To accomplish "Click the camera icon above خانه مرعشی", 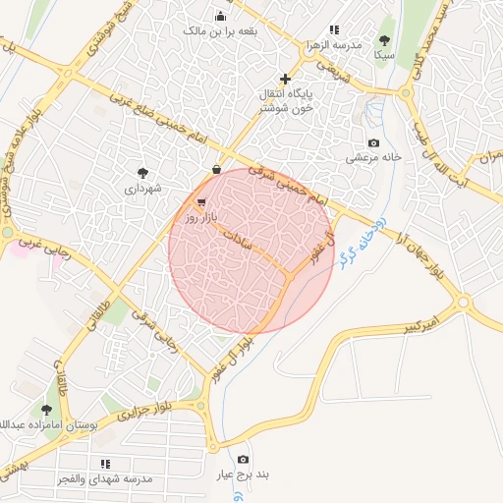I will point(373,143).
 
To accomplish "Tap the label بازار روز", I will point(208,214).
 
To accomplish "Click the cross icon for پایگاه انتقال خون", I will point(285,79).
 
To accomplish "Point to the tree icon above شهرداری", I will point(143,172).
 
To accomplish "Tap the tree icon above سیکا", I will point(383,40).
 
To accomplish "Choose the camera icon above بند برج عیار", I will point(243,459).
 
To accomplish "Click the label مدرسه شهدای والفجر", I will point(106,478).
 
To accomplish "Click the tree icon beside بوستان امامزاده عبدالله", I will point(46,410).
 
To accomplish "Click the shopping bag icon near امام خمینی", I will point(216,169).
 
